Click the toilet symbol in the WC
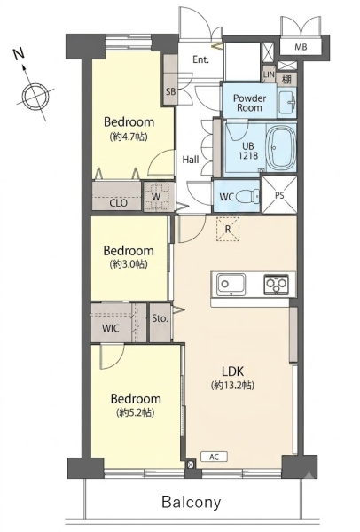point(247,197)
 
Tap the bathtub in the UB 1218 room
point(281,148)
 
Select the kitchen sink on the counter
point(231,284)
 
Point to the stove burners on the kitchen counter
point(276,285)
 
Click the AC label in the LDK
point(214,457)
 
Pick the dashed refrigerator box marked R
point(228,229)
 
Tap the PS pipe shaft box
point(279,195)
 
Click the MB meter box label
point(301,47)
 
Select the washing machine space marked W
point(156,197)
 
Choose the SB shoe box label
point(170,91)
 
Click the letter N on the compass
point(19,54)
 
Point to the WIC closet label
point(111,328)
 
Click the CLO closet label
point(119,203)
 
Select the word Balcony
point(192,502)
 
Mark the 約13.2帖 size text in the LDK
point(233,386)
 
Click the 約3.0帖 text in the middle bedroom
point(129,264)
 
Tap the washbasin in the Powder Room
point(287,101)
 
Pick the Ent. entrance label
point(201,59)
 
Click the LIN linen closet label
point(269,74)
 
